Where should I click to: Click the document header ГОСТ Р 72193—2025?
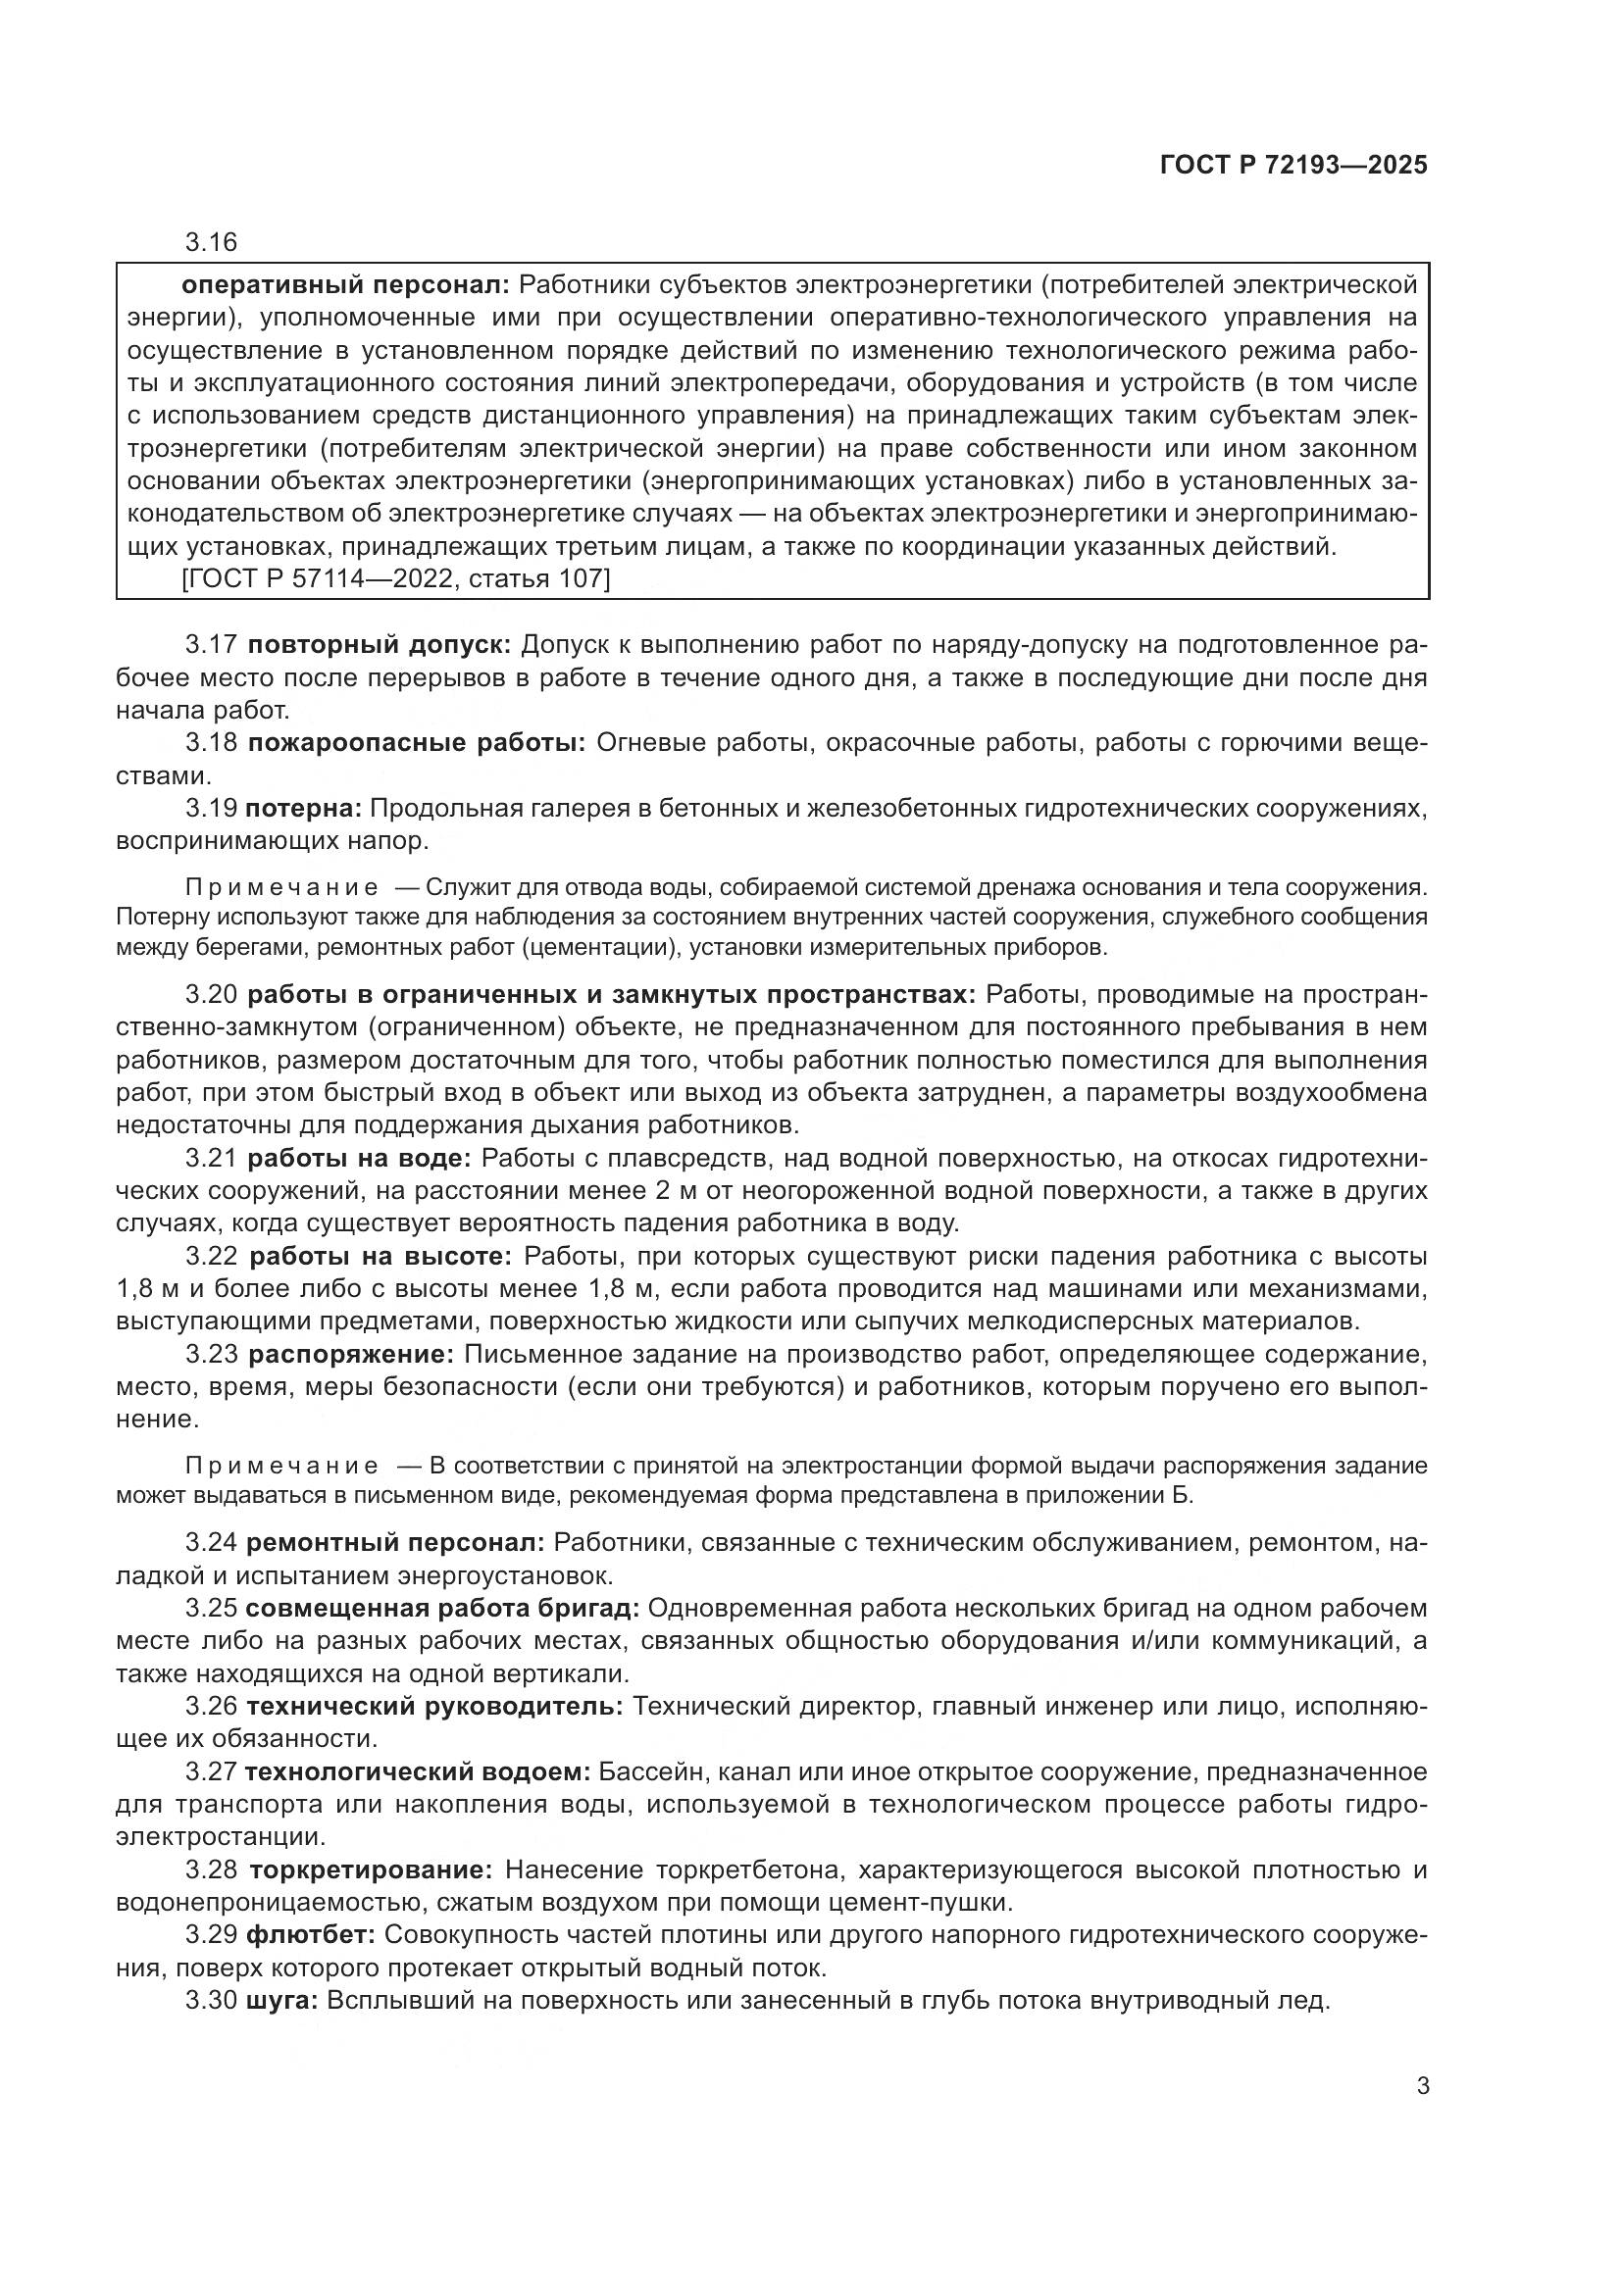click(x=1293, y=166)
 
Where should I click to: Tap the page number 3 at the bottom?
click(x=1422, y=2086)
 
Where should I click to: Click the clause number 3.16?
click(x=211, y=243)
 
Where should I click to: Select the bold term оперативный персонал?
click(x=345, y=285)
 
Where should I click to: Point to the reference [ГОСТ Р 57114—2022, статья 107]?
click(x=395, y=578)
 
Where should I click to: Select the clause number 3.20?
click(x=211, y=995)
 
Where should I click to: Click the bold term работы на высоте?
click(x=380, y=1257)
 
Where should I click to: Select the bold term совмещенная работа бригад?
click(x=441, y=1608)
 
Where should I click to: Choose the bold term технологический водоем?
click(x=418, y=1771)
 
